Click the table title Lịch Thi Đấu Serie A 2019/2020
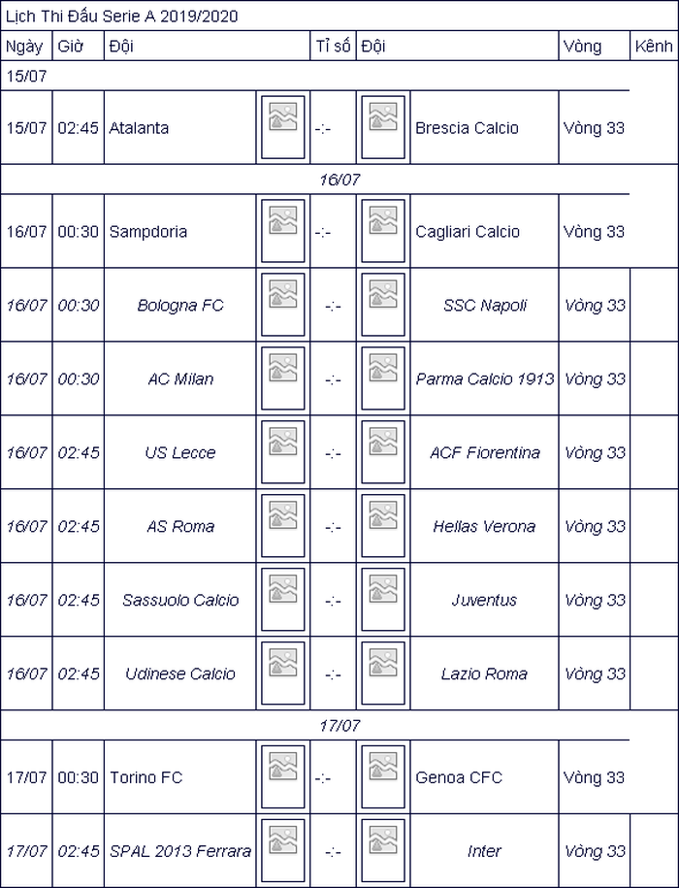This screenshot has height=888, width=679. pyautogui.click(x=121, y=16)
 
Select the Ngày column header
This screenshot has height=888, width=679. pyautogui.click(x=24, y=47)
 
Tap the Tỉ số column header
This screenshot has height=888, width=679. pyautogui.click(x=334, y=46)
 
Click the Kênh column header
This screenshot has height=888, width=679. pyautogui.click(x=654, y=46)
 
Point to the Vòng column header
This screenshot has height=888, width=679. pyautogui.click(x=582, y=47)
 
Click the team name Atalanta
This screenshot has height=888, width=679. pyautogui.click(x=139, y=128)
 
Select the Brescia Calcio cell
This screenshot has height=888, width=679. pyautogui.click(x=467, y=128)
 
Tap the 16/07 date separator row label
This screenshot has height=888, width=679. pyautogui.click(x=339, y=180)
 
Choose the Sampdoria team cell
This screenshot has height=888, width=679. pyautogui.click(x=148, y=232)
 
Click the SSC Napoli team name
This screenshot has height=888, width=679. pyautogui.click(x=485, y=306)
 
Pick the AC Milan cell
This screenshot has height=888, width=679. pyautogui.click(x=180, y=378)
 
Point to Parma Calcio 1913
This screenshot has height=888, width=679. pyautogui.click(x=485, y=378)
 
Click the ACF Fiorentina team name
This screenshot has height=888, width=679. pyautogui.click(x=485, y=452)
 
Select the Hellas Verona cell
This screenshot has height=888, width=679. pyautogui.click(x=484, y=526)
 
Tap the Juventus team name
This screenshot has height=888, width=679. pyautogui.click(x=484, y=600)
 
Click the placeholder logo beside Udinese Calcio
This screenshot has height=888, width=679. pyautogui.click(x=283, y=673)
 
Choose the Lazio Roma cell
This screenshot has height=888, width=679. pyautogui.click(x=484, y=674)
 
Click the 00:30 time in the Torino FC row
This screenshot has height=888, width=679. pyautogui.click(x=78, y=777)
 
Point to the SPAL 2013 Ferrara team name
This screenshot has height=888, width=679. pyautogui.click(x=180, y=850)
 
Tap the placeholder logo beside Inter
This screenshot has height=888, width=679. pyautogui.click(x=383, y=850)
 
